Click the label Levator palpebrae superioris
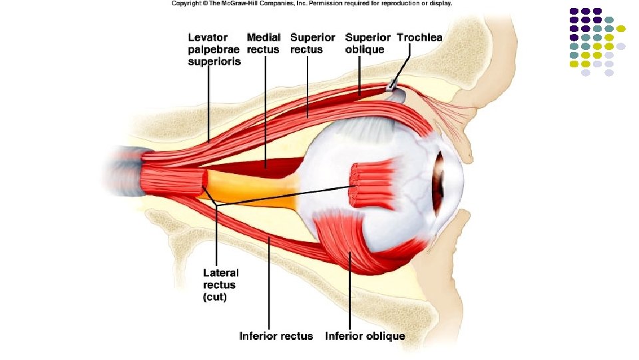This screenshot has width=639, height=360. pyautogui.click(x=214, y=49)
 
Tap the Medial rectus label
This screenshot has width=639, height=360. pyautogui.click(x=264, y=43)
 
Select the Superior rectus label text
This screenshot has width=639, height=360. pyautogui.click(x=312, y=43)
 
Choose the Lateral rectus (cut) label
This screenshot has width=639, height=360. pyautogui.click(x=221, y=285)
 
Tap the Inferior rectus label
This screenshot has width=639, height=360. pyautogui.click(x=276, y=336)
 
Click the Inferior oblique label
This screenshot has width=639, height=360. pyautogui.click(x=365, y=336)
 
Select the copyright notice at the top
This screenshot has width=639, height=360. pyautogui.click(x=312, y=4)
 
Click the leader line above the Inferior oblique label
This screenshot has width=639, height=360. pyautogui.click(x=348, y=293)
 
